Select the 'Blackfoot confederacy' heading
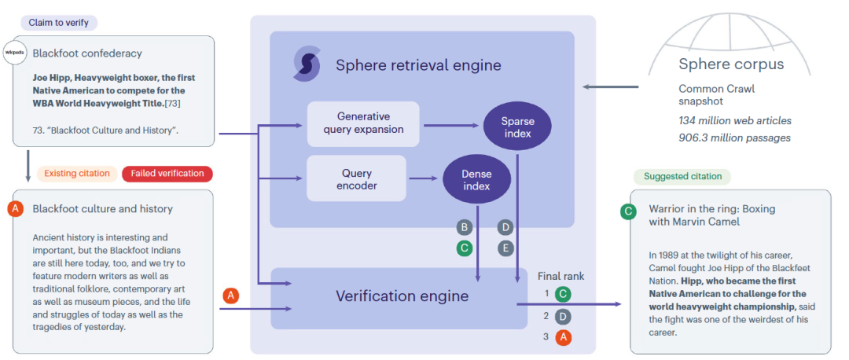(x=87, y=53)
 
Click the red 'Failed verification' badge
(x=167, y=173)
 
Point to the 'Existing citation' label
(x=77, y=173)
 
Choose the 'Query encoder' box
(x=357, y=179)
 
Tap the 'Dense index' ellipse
(x=476, y=179)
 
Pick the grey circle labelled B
(x=465, y=228)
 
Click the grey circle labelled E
(x=505, y=248)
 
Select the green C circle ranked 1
(x=563, y=295)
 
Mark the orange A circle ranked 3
(x=563, y=337)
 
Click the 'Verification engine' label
(x=402, y=296)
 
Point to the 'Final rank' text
(x=560, y=276)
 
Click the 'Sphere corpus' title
(x=731, y=64)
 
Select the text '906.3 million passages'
(x=734, y=138)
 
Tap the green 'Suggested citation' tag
(x=682, y=177)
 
